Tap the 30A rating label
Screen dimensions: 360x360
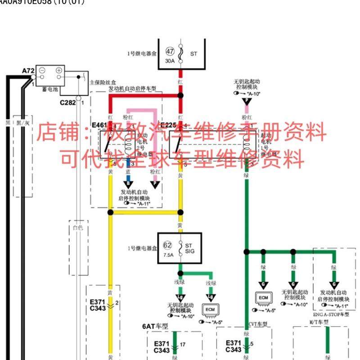(169, 61)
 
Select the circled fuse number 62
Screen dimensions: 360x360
(167, 245)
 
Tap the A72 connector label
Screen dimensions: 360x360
(28, 71)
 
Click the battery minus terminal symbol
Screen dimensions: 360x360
(42, 71)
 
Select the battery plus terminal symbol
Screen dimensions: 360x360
(58, 71)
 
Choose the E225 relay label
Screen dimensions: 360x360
(168, 125)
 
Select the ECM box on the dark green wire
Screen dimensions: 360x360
(263, 298)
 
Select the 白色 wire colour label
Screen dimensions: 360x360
(78, 228)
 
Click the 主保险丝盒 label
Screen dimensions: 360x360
(103, 83)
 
